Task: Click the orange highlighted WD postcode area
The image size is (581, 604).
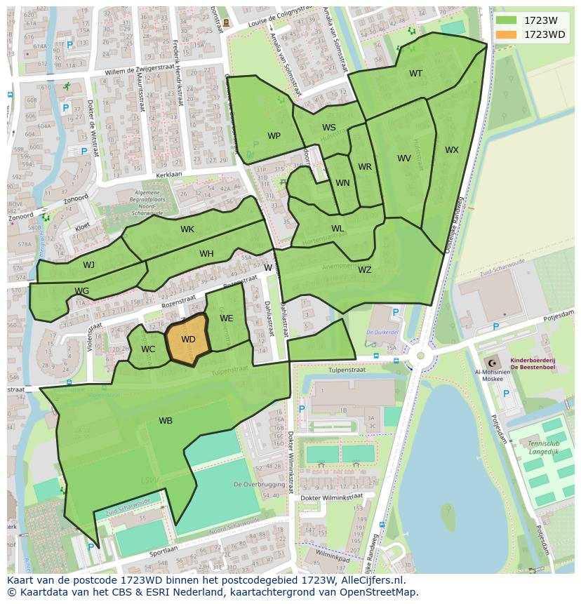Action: coord(187,340)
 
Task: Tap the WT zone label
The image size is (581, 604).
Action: coord(416,74)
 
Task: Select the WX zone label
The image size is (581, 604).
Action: coord(452,150)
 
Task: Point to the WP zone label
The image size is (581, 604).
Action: coord(274,136)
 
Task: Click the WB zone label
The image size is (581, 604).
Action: coord(166,421)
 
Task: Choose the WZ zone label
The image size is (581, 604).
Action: coord(365,270)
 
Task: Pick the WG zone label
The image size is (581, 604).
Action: coord(82,291)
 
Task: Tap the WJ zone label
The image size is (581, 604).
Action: coord(88,265)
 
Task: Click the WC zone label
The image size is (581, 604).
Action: coord(148,349)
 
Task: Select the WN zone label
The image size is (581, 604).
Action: coord(342,183)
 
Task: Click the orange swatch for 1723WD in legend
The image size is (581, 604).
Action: coord(505,34)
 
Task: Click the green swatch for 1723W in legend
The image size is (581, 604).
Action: coord(505,20)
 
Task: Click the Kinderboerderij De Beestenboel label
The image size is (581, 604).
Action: coord(533,363)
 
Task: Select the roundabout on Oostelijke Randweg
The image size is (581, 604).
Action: coord(420,356)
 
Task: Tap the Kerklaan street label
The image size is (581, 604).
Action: coord(169,173)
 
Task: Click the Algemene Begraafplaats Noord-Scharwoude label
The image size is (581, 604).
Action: coord(146,199)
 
